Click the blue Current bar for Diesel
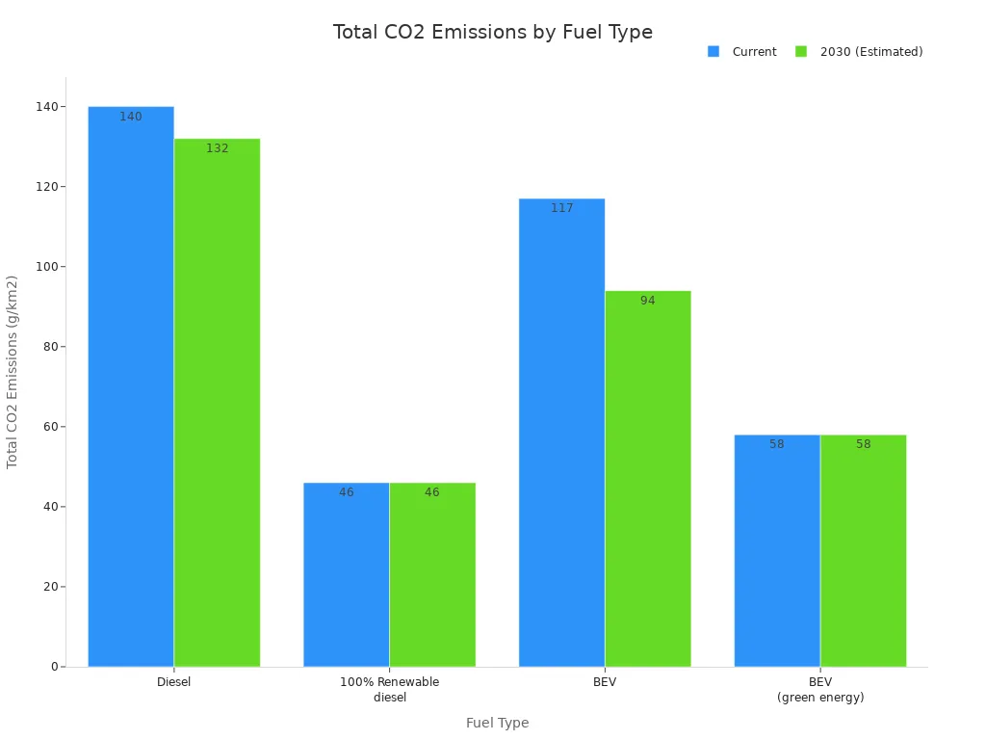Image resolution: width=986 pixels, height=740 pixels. [x=131, y=385]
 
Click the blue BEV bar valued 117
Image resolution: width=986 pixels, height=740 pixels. [x=561, y=433]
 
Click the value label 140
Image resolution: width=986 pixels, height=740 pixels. [x=131, y=118]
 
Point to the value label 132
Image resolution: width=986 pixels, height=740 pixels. [x=218, y=149]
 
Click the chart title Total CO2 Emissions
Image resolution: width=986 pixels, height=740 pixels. [x=493, y=32]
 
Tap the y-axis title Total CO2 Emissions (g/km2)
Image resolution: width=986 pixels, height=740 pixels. [x=13, y=372]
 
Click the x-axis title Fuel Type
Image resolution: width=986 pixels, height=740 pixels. [x=497, y=724]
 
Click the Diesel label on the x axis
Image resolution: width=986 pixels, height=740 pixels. [x=174, y=682]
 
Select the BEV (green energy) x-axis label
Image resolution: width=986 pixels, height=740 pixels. [x=820, y=690]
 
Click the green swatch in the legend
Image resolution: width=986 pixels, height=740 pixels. [x=801, y=52]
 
